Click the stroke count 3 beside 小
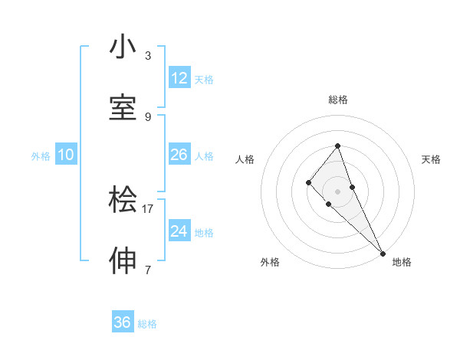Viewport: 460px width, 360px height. [x=148, y=56]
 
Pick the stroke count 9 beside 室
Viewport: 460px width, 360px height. [x=148, y=116]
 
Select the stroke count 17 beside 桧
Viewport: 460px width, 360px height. [x=148, y=208]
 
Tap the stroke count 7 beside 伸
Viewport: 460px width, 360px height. [x=148, y=270]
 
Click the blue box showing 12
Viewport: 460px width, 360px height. [x=179, y=78]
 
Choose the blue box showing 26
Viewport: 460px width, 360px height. [x=179, y=155]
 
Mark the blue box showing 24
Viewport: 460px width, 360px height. [x=179, y=231]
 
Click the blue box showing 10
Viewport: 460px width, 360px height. [x=66, y=155]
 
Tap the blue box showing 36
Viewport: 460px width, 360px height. [x=123, y=322]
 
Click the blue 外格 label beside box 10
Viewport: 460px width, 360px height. [x=41, y=156]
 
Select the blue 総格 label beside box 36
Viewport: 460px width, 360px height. [x=147, y=324]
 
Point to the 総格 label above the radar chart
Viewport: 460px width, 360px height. [x=337, y=100]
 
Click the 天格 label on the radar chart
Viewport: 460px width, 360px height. [x=431, y=159]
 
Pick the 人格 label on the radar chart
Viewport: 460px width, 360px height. [x=245, y=159]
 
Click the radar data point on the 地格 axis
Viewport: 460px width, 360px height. [x=382, y=252]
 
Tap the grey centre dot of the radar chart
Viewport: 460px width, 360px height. [x=337, y=191]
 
